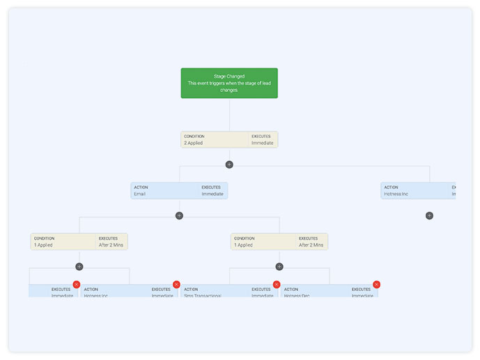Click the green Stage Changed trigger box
click(x=229, y=83)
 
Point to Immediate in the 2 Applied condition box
click(x=262, y=143)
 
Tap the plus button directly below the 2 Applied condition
click(x=229, y=164)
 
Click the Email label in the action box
click(x=140, y=194)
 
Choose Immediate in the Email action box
click(x=212, y=194)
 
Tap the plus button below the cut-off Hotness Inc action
click(x=429, y=216)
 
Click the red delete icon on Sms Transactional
click(x=277, y=284)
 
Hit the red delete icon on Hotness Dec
click(x=377, y=284)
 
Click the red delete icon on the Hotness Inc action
click(x=176, y=284)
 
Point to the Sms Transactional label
click(x=203, y=296)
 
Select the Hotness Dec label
click(x=297, y=296)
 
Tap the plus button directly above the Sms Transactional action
click(x=279, y=267)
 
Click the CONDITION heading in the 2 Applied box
click(x=194, y=136)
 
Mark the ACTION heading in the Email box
click(x=141, y=187)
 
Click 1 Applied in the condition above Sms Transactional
click(x=244, y=245)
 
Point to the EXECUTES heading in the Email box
click(x=212, y=187)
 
